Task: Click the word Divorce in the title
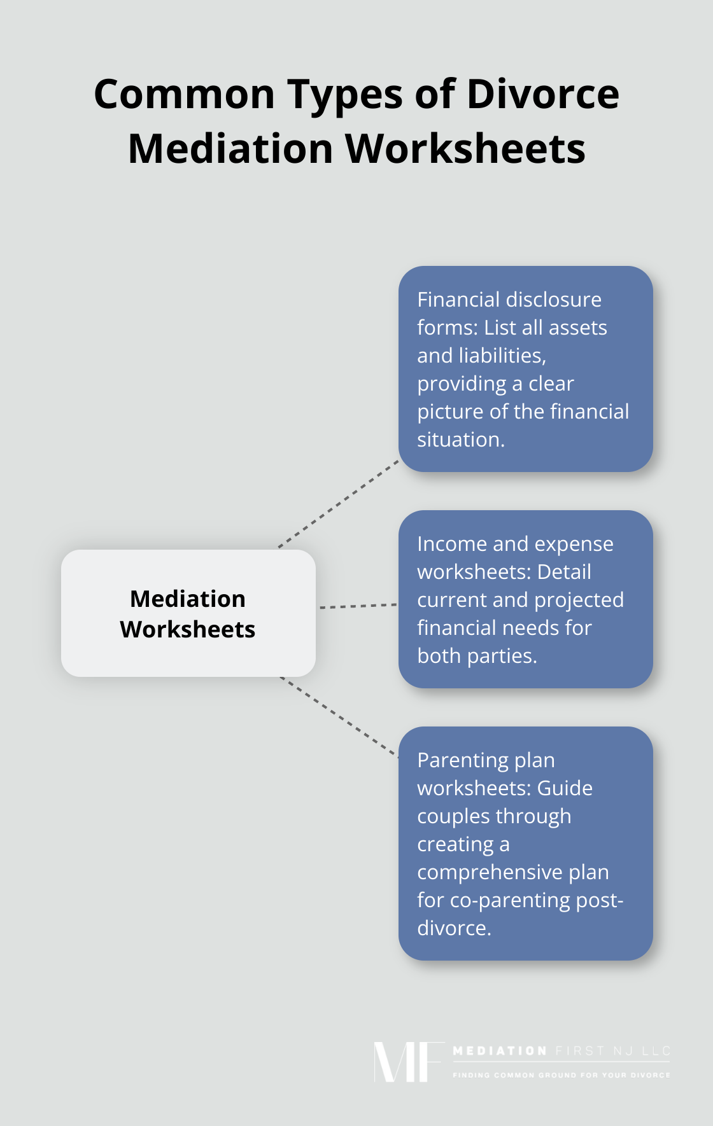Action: (542, 94)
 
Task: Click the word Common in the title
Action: (184, 94)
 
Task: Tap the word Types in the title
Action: (344, 94)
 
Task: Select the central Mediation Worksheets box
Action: (188, 613)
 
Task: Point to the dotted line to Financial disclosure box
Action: (339, 503)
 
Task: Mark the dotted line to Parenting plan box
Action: (339, 717)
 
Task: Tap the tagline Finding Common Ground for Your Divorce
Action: (561, 1075)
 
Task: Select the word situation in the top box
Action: (460, 440)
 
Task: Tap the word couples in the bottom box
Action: (453, 816)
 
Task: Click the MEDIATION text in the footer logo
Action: (500, 1051)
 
